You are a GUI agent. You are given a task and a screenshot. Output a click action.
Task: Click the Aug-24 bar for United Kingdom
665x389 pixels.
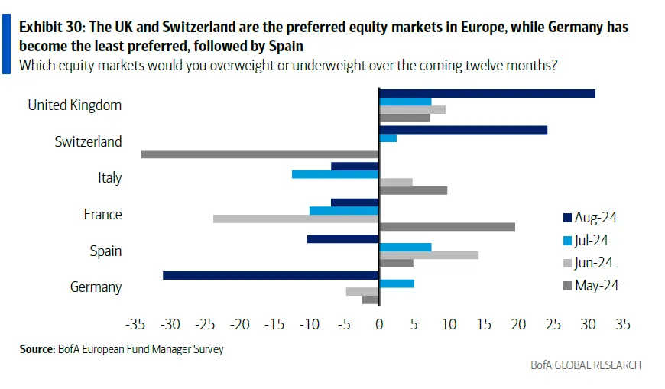coord(487,93)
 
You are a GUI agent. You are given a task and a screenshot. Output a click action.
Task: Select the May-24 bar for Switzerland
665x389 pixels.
coord(260,154)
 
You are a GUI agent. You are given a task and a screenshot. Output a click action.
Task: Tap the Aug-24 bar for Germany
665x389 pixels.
coord(271,275)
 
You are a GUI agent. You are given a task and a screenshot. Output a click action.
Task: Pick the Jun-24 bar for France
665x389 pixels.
coord(296,219)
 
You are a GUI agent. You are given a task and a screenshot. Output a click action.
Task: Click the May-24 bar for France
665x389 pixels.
coord(447,227)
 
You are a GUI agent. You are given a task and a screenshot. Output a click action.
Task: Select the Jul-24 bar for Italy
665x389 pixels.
coord(335,174)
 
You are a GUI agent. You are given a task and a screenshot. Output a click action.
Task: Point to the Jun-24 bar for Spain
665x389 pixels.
coord(429,255)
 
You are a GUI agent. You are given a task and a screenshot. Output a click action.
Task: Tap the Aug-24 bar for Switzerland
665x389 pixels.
coord(463,130)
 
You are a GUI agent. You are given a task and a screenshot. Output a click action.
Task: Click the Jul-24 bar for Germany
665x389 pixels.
coord(397,284)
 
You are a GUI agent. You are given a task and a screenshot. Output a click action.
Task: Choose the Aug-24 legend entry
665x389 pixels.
coord(589,218)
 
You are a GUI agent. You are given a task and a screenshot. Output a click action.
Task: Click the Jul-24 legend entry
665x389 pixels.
coord(586,241)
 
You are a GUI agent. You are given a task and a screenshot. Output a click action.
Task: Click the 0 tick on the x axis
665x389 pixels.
coord(379,324)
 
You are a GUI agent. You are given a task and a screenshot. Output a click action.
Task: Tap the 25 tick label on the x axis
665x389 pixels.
coord(553,324)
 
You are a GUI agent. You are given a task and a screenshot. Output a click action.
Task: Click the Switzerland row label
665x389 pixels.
coord(88,141)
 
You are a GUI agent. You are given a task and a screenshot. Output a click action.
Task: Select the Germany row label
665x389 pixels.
coord(96,287)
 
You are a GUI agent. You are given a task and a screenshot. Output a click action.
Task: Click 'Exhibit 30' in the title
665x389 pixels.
coord(51,27)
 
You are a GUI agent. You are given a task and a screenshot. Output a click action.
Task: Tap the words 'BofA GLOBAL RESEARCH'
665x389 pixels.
coord(586,365)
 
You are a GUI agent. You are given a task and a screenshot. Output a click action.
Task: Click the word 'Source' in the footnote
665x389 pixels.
coord(37,349)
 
